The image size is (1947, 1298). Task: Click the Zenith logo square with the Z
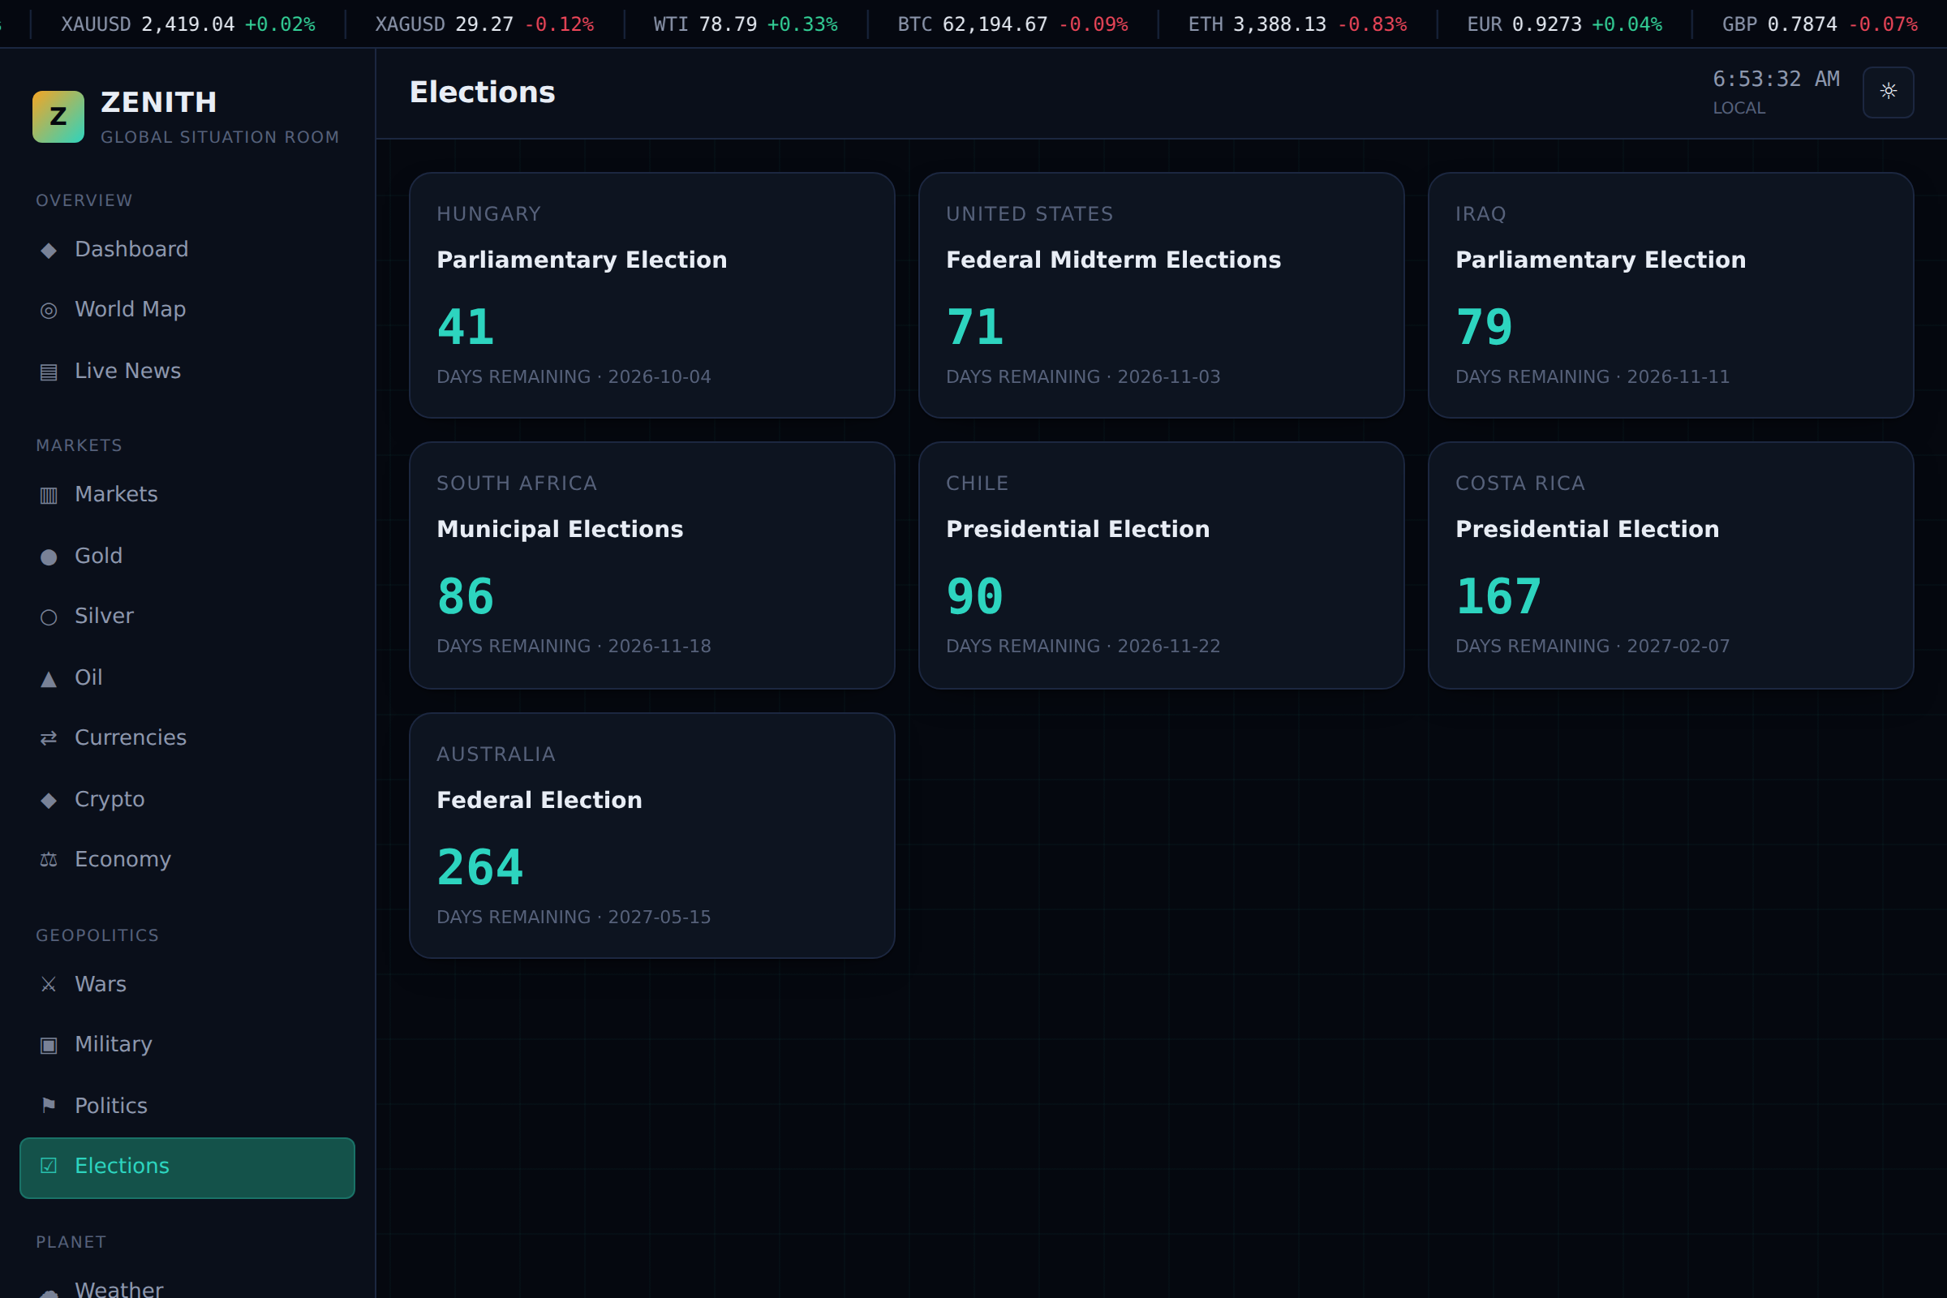58,117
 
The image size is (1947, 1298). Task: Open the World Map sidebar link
114,310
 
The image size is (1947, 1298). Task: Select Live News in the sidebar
111,371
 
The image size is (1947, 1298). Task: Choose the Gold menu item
82,556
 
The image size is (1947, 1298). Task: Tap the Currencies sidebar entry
114,737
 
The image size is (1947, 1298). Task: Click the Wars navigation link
84,984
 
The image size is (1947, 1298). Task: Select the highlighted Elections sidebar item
187,1167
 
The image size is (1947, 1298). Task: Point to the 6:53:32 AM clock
1776,79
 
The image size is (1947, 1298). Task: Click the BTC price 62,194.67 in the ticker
995,24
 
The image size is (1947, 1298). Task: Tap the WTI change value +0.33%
802,24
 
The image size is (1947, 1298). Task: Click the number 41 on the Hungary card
465,327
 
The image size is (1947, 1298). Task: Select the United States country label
1029,214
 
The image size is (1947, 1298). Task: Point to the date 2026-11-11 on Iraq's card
1678,376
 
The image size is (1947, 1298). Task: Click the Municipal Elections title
560,530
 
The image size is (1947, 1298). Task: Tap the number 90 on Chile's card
974,596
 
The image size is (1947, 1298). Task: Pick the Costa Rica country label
1519,484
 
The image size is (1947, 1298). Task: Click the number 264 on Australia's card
480,867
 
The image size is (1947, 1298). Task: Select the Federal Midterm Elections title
1113,260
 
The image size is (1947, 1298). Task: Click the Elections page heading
483,92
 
